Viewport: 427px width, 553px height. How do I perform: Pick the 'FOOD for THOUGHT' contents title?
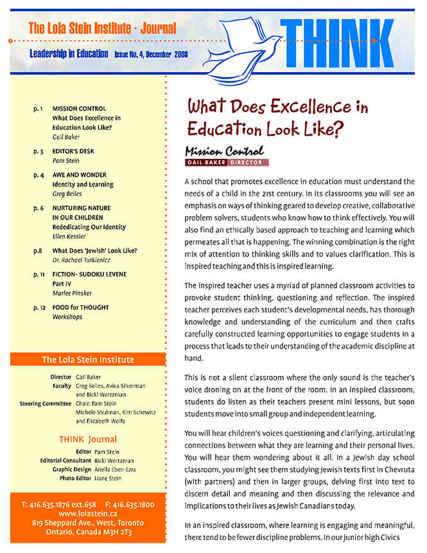pos(81,307)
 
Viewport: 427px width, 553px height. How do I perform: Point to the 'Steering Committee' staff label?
pos(46,403)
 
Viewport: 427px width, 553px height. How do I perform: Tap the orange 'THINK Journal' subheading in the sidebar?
pos(87,439)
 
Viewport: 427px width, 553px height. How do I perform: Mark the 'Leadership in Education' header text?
pos(69,54)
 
